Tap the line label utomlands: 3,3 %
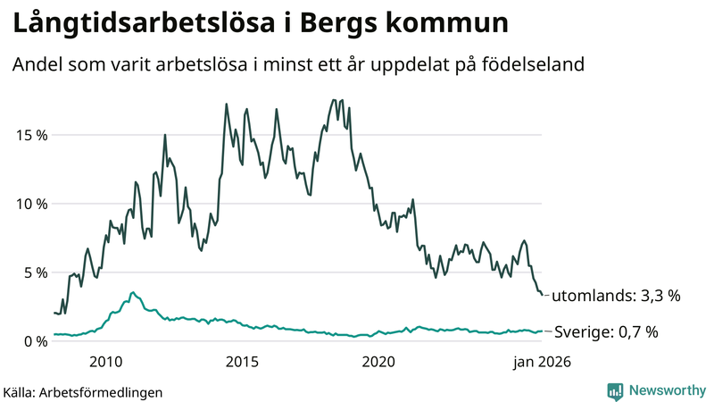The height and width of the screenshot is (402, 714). pos(617,296)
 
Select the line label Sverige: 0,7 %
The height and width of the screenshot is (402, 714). pos(606,332)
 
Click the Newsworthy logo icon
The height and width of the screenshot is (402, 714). pos(615,390)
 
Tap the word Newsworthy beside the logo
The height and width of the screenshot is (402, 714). pos(666,390)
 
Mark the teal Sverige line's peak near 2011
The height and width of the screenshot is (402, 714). pos(133,292)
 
